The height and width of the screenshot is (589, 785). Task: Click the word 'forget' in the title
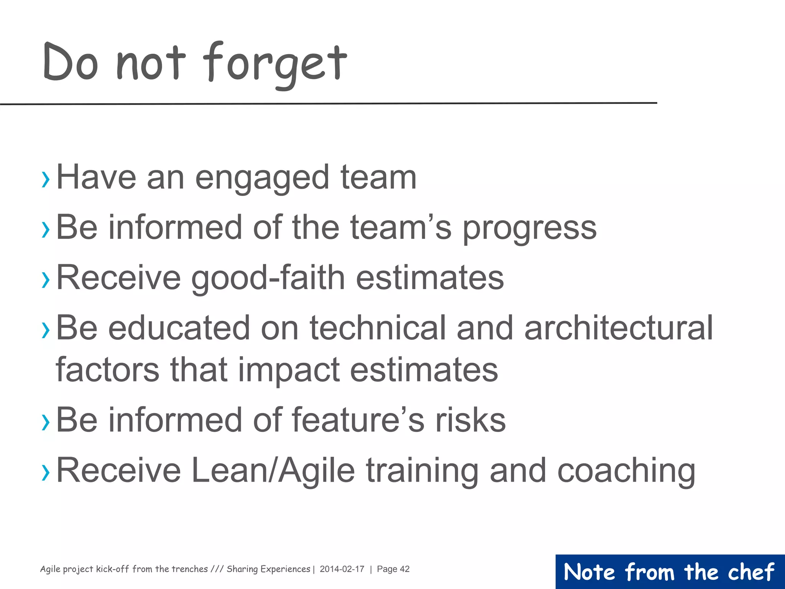pyautogui.click(x=274, y=63)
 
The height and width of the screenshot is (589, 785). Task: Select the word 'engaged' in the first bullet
pyautogui.click(x=262, y=178)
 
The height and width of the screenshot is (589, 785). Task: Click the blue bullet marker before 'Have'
pyautogui.click(x=46, y=179)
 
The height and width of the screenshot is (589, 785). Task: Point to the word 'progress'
pyautogui.click(x=529, y=229)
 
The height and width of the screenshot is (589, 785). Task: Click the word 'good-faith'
pyautogui.click(x=268, y=278)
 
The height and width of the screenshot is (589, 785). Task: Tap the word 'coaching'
pyautogui.click(x=626, y=472)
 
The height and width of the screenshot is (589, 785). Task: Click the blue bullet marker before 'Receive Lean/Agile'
pyautogui.click(x=46, y=472)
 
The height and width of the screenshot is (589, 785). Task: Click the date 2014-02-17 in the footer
pyautogui.click(x=342, y=569)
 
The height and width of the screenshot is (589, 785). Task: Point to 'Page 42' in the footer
pyautogui.click(x=393, y=569)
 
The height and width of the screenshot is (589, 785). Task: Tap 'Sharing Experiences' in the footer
pyautogui.click(x=268, y=569)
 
